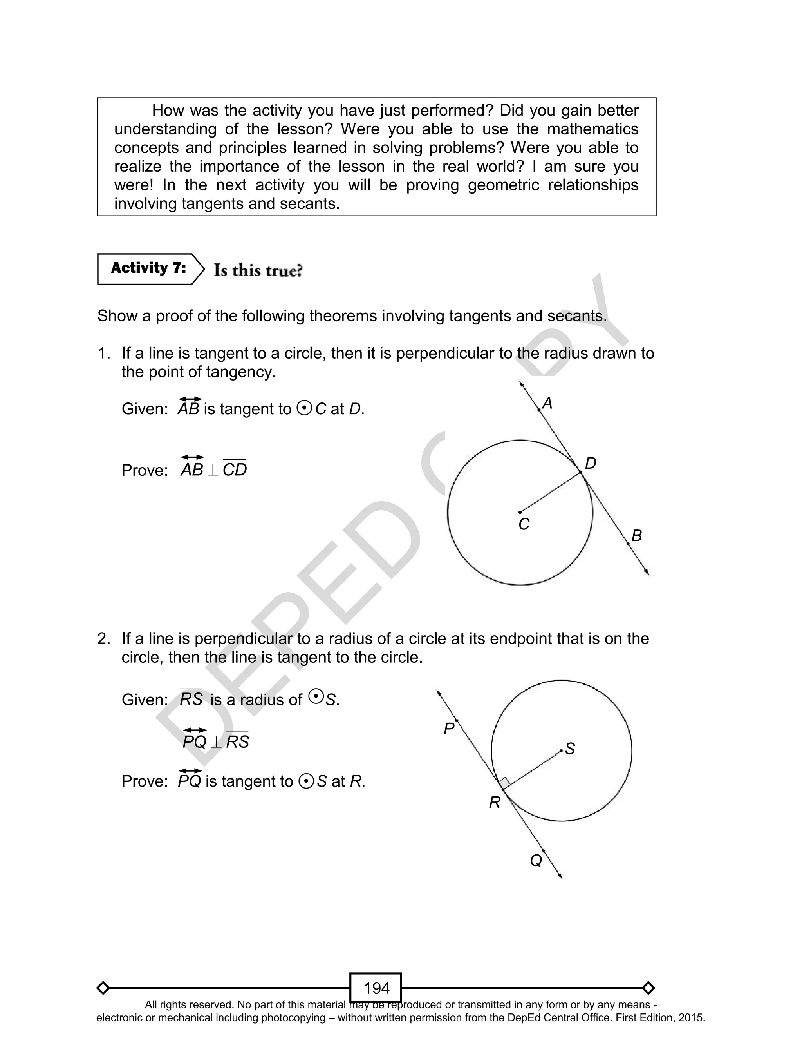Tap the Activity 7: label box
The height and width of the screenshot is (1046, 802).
pos(148,269)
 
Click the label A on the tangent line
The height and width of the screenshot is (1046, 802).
pos(547,404)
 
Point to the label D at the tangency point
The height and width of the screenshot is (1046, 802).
pos(590,463)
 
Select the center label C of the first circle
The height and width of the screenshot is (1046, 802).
pos(524,524)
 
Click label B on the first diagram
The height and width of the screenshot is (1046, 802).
pos(636,535)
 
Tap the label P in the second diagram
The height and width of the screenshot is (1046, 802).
pos(448,729)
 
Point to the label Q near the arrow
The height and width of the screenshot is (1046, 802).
pos(536,861)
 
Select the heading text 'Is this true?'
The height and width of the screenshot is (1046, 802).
pos(258,270)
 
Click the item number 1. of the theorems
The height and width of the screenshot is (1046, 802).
pos(104,354)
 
